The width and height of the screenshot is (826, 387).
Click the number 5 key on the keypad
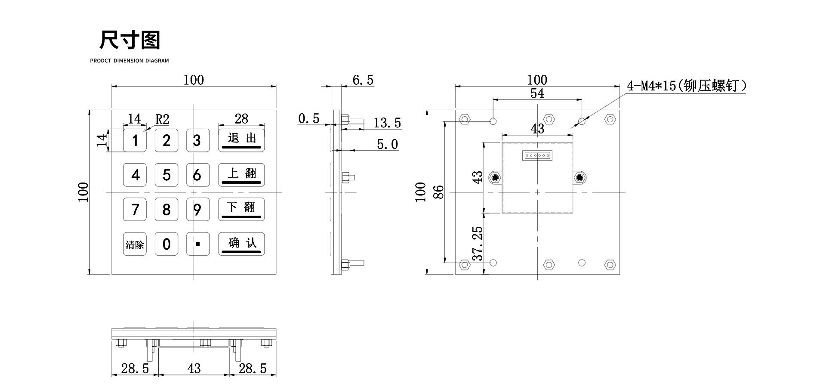pos(166,175)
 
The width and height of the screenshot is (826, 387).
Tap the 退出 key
pos(241,140)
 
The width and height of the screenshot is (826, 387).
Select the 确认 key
pos(241,244)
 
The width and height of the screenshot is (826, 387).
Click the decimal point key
pos(198,244)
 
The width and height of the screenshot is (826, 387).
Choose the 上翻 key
pos(241,174)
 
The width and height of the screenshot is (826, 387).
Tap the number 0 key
pos(166,244)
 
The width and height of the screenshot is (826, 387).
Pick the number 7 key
pos(135,210)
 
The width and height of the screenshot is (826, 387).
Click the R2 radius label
pos(162,120)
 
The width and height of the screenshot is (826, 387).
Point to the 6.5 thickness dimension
pos(363,80)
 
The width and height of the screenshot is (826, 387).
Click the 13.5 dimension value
pos(387,124)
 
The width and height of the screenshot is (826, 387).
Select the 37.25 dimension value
pos(478,244)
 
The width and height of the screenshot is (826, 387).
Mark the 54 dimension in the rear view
pos(537,93)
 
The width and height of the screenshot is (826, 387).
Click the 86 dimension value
pos(438,192)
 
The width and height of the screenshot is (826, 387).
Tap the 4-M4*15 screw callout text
pos(687,86)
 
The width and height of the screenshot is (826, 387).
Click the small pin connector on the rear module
pos(537,156)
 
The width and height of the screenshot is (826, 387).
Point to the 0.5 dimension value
pos(308,119)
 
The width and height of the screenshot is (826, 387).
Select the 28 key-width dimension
pos(241,119)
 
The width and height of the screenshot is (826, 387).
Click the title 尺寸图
pos(129,40)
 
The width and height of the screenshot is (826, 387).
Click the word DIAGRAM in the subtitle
pos(157,61)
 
